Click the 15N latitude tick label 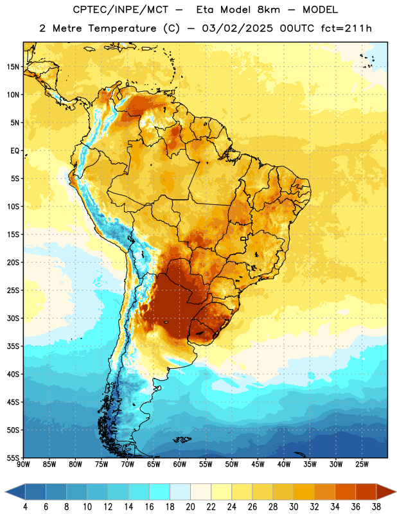(13, 67)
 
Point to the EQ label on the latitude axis (15, 151)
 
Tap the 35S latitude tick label (13, 346)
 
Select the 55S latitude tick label (13, 457)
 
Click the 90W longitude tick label (24, 465)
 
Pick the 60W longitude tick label (180, 465)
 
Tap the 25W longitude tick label (362, 465)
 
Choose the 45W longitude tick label (258, 465)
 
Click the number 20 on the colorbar (190, 507)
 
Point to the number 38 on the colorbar (376, 507)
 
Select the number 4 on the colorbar (25, 507)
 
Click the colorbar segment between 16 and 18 (159, 492)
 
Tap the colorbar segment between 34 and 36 (345, 492)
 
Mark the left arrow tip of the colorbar (5, 492)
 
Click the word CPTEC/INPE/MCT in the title (120, 10)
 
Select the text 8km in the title (269, 10)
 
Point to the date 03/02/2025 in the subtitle (237, 28)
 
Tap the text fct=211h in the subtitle (346, 28)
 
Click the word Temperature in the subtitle (122, 29)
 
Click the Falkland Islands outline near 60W (182, 439)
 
